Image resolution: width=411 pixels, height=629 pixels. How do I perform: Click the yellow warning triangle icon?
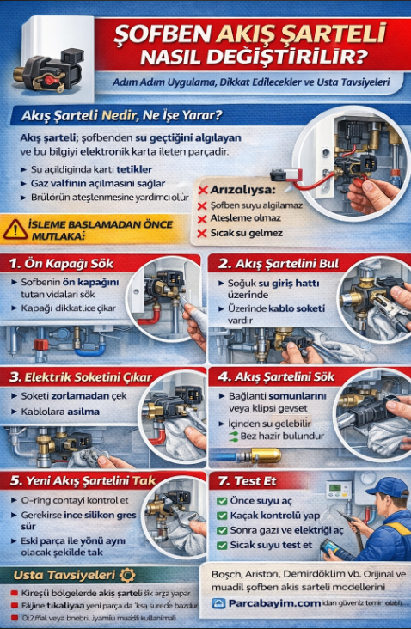point(15,229)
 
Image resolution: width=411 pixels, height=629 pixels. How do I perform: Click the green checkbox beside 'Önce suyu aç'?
point(222,500)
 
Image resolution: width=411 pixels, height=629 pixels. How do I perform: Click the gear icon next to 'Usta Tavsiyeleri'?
point(128,574)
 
